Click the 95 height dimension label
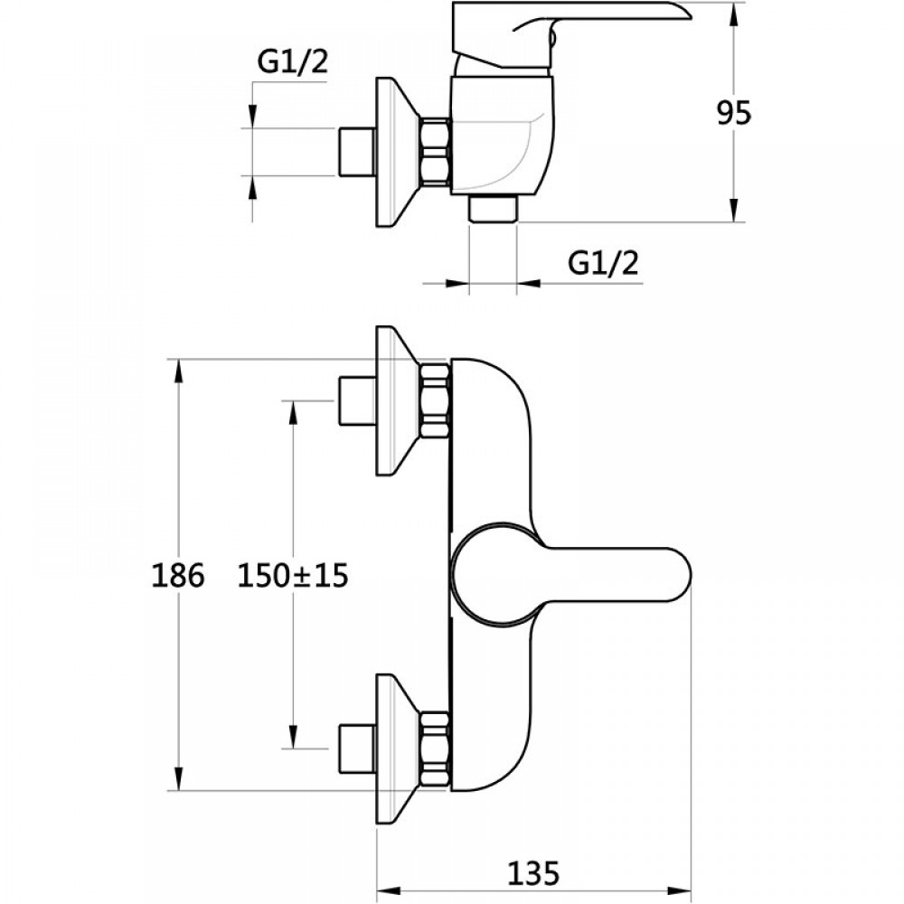pos(734,113)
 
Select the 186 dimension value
pos(179,575)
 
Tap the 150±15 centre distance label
pos(292,575)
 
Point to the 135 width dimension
pos(534,873)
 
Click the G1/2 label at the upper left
pos(292,61)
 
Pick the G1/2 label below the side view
pos(603,263)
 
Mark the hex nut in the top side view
pos(435,152)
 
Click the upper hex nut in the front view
pos(435,400)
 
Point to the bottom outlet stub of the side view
pos(493,209)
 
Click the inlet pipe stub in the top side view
pos(355,152)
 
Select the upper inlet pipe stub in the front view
pos(355,400)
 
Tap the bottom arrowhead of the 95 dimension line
pos(734,212)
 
